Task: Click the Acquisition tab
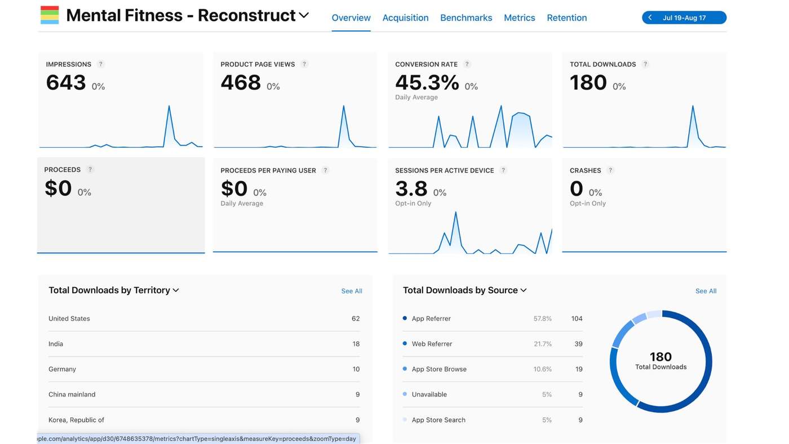point(405,17)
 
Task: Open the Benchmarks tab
point(466,17)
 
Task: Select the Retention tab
point(567,17)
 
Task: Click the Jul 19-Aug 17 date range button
point(684,17)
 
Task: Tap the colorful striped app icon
point(50,15)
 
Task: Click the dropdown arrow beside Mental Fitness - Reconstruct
point(304,15)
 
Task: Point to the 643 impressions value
point(66,82)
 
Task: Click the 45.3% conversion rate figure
point(427,82)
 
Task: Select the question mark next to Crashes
point(610,170)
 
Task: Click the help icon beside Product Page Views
point(304,64)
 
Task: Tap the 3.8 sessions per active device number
point(411,188)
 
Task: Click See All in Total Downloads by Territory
point(352,291)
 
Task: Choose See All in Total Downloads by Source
point(706,291)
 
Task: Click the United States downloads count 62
point(356,318)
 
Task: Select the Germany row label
point(62,369)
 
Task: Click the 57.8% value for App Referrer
point(542,318)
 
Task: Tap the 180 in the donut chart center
point(661,357)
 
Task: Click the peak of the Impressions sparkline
point(169,106)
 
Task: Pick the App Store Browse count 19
point(579,369)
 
